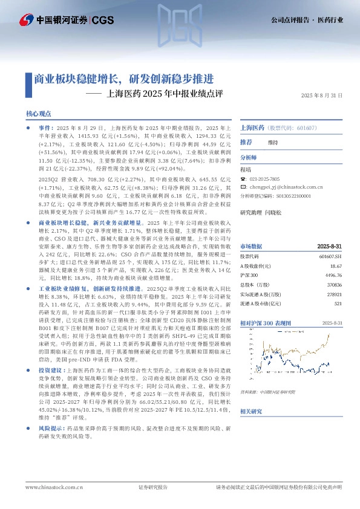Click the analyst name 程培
pos(246,170)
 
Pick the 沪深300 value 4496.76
pos(333,275)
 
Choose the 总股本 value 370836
pos(334,285)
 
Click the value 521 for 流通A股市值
pos(338,303)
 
